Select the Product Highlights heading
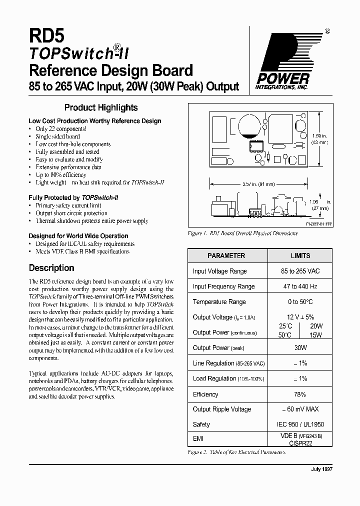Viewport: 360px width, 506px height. click(101, 107)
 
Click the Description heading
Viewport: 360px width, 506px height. click(51, 268)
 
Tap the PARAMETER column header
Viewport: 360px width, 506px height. click(226, 255)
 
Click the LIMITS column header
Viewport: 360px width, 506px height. click(300, 255)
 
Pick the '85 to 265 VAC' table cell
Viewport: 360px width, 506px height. click(300, 271)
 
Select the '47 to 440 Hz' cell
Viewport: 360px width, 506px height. click(300, 286)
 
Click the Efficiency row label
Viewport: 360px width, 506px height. click(205, 394)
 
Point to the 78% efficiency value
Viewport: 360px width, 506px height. click(300, 394)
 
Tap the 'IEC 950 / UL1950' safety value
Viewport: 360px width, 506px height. click(300, 424)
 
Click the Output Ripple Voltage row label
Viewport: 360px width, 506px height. click(222, 409)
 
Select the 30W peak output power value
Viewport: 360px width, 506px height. click(300, 347)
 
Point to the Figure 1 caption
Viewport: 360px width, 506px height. click(235, 233)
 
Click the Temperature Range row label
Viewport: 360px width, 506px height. click(219, 302)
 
